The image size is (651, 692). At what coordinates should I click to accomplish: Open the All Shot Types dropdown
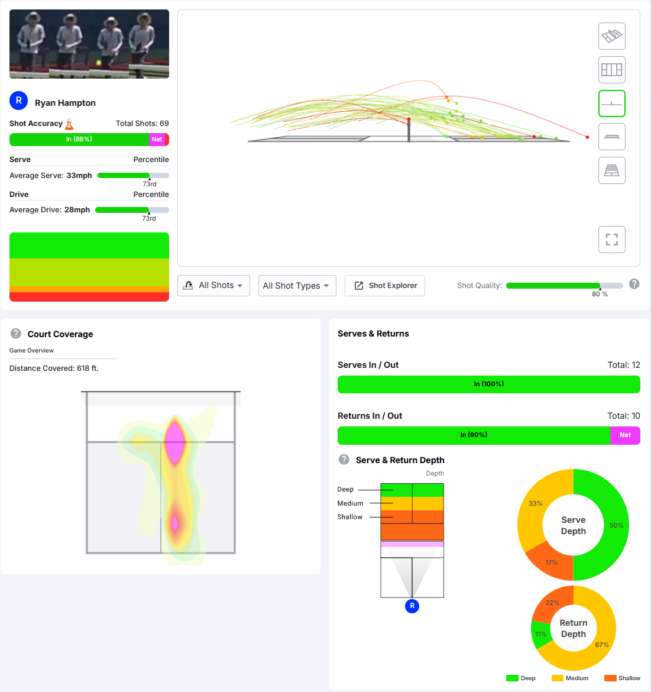point(297,286)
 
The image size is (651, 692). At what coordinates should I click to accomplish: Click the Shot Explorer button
point(385,286)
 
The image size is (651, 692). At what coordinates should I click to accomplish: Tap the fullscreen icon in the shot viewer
point(611,240)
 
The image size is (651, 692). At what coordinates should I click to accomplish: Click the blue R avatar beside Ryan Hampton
point(19,101)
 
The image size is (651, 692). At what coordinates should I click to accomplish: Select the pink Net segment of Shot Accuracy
point(157,140)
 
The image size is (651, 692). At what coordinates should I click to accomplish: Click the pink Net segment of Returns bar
point(625,435)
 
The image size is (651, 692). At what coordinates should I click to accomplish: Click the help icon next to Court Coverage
point(16,334)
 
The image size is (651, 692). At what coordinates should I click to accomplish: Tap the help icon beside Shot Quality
point(634,284)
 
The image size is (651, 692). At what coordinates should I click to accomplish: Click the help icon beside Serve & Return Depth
point(344,460)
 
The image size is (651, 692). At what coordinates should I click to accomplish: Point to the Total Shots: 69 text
point(142,124)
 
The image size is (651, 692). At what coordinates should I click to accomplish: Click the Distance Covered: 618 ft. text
point(54,368)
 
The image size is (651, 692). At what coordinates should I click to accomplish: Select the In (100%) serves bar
point(488,384)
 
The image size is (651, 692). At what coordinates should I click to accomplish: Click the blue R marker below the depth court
point(412,606)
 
